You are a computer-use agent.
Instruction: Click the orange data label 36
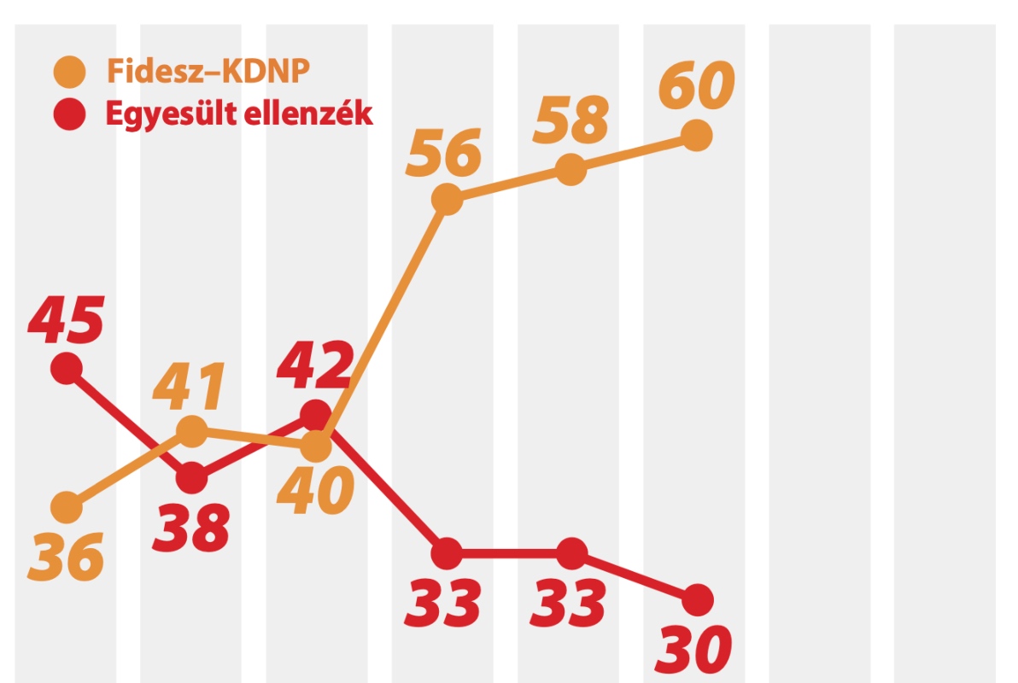(66, 557)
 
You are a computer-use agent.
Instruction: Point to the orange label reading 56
(443, 155)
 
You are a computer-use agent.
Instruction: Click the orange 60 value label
(697, 86)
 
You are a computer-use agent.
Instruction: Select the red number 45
(66, 320)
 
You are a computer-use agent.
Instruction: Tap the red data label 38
(191, 527)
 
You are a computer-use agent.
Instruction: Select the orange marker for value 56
(446, 201)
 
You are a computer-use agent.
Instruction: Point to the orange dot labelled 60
(697, 135)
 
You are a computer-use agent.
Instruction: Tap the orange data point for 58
(571, 169)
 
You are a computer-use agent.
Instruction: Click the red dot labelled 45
(67, 368)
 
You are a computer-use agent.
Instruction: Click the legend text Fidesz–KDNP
(208, 71)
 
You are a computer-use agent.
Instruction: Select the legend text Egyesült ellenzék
(239, 114)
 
